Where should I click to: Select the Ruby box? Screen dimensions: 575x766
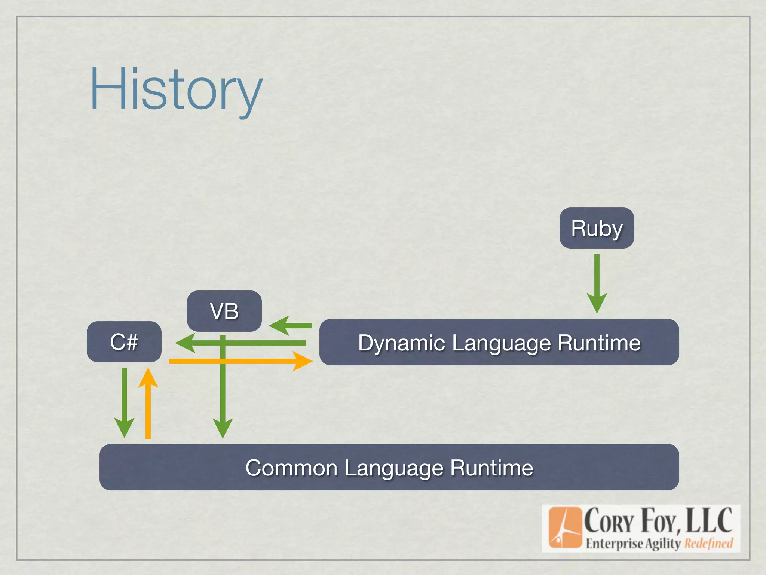coord(597,228)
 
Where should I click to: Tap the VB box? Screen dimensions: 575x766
coord(224,311)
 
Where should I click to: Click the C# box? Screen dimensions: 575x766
coord(124,342)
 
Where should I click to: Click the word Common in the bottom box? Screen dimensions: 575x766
coord(291,468)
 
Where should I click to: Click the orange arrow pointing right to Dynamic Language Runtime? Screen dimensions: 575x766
coord(239,361)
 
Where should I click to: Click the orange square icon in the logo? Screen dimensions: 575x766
coord(565,528)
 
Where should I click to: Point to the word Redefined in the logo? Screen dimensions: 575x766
coord(708,543)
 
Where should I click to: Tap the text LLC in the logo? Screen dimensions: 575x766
coord(709,520)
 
